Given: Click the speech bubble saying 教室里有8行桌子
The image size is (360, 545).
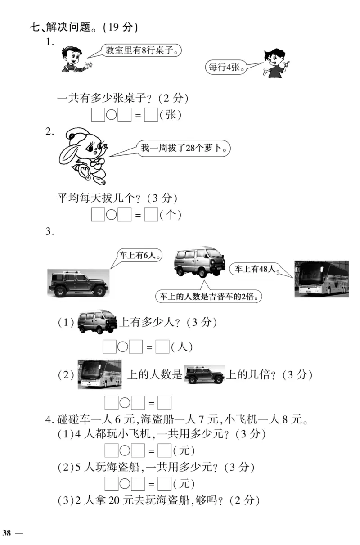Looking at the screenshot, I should [x=140, y=50].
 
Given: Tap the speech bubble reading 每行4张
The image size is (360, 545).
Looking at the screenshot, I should [x=225, y=68].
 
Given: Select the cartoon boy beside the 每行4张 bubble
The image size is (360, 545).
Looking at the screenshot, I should [x=275, y=63].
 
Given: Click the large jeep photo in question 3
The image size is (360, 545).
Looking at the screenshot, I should [x=78, y=283].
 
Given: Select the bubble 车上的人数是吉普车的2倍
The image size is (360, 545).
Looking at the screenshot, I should [x=209, y=297].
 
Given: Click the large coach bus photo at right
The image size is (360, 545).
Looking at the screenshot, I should [x=321, y=278].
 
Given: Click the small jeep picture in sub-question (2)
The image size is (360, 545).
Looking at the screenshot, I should [x=204, y=374].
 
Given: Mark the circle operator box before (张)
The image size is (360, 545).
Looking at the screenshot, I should [x=111, y=115].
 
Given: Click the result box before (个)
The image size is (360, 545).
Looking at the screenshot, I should [x=151, y=216].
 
